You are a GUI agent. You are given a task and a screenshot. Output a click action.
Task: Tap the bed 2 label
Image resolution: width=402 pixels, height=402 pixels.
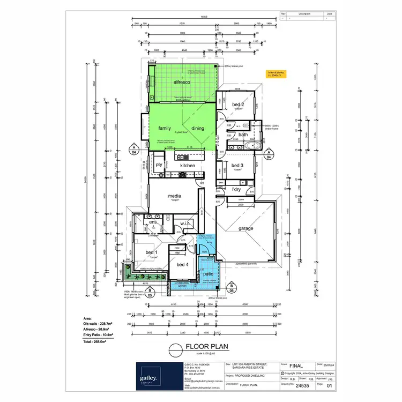tap(238, 105)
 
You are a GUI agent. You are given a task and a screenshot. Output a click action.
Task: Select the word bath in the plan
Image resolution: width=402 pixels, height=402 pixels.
tap(243, 135)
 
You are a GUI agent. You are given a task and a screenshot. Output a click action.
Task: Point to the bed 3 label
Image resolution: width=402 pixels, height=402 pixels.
tap(238, 165)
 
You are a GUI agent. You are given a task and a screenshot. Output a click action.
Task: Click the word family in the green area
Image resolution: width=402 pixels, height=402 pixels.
tap(165, 128)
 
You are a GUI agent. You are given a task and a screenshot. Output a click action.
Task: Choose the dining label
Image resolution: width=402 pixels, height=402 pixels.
tap(198, 128)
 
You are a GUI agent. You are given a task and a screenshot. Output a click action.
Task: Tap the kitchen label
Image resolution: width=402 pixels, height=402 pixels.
tap(188, 166)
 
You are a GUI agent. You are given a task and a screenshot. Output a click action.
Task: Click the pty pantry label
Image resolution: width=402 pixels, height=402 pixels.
tap(159, 165)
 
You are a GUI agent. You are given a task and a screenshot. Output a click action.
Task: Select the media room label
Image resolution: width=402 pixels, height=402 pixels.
tap(175, 196)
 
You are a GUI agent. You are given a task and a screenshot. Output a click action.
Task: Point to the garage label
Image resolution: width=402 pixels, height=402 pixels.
tap(246, 228)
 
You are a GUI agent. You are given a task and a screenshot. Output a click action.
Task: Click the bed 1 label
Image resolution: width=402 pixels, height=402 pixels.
tap(152, 252)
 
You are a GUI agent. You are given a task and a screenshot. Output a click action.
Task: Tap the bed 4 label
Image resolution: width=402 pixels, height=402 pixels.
tap(182, 265)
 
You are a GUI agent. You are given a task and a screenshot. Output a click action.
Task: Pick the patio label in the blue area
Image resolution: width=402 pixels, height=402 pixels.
tap(209, 274)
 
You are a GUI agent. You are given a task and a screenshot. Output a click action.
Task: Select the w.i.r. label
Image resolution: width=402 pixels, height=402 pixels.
tap(187, 224)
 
